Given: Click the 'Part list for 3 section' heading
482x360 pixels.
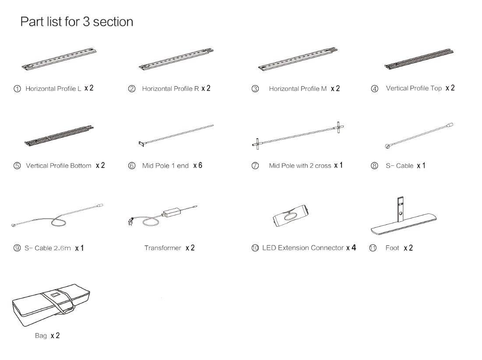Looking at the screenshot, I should pyautogui.click(x=77, y=21).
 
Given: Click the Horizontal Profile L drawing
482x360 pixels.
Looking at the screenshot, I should pyautogui.click(x=59, y=59).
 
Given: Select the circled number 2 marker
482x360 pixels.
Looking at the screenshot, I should pyautogui.click(x=131, y=89).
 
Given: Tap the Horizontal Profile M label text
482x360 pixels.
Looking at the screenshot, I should pyautogui.click(x=298, y=89).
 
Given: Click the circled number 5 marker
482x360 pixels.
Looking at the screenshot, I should pyautogui.click(x=17, y=166).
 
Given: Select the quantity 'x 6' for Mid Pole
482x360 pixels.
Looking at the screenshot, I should pyautogui.click(x=197, y=165).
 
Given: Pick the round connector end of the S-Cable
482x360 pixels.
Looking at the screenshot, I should pyautogui.click(x=387, y=147).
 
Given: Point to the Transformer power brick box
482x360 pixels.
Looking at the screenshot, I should pyautogui.click(x=173, y=212).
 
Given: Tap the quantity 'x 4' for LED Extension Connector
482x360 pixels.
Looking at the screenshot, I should pyautogui.click(x=351, y=248).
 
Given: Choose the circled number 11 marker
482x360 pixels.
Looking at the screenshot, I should pyautogui.click(x=373, y=248).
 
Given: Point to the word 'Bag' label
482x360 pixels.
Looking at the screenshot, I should pyautogui.click(x=41, y=336).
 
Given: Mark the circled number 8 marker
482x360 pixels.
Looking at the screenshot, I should pyautogui.click(x=375, y=166).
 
